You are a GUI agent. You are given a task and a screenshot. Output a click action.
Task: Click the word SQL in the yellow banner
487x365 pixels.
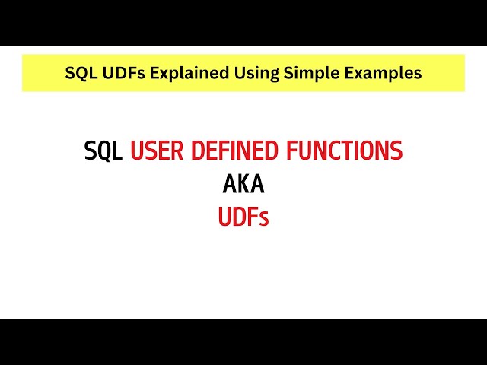80,73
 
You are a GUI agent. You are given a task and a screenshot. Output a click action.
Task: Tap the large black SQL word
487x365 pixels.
103,151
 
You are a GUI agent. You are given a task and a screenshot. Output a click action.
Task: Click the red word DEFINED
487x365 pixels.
234,151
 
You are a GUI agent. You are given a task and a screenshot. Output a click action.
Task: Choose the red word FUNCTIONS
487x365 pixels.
344,151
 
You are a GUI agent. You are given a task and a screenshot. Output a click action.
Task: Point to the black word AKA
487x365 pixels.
243,185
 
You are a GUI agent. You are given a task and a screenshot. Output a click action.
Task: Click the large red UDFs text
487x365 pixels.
243,218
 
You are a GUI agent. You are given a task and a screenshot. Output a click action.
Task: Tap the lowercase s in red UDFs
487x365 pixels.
264,220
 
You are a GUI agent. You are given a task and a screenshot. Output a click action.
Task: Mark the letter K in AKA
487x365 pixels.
243,185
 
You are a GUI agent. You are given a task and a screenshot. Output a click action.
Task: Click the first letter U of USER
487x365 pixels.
137,151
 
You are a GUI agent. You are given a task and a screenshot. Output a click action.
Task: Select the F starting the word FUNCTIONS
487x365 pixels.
291,151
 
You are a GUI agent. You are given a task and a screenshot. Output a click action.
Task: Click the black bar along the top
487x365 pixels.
243,22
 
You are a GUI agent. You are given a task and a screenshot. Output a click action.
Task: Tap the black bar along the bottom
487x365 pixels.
243,342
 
